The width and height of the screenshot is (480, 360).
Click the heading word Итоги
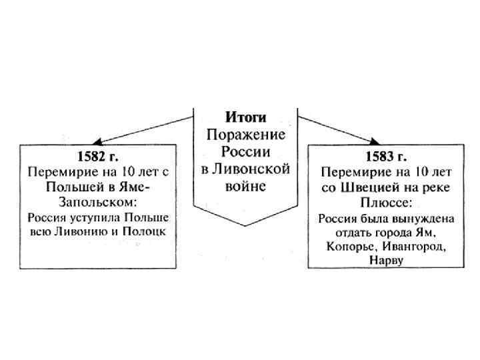[x=245, y=118]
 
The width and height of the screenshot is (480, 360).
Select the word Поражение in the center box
[x=245, y=135]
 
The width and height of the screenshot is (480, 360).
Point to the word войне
[x=245, y=186]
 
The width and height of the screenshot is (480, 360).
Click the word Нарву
[x=385, y=259]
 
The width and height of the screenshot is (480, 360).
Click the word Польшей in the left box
[x=71, y=187]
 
